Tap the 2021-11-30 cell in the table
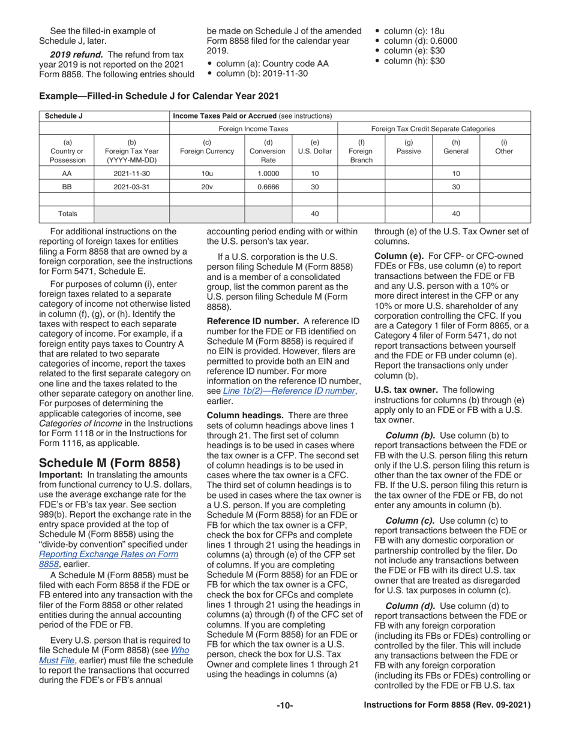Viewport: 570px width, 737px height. (132, 173)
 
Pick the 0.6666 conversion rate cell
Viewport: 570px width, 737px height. (268, 186)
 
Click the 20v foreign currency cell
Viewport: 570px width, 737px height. (207, 186)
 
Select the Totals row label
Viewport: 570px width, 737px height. (67, 213)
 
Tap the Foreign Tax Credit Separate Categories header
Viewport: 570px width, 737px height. (433, 129)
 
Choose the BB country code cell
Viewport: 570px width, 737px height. (67, 186)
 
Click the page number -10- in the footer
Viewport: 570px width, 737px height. (284, 706)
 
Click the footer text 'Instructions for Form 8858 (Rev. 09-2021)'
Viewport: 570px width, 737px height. (448, 706)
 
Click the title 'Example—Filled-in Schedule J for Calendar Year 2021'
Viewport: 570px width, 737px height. (158, 95)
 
